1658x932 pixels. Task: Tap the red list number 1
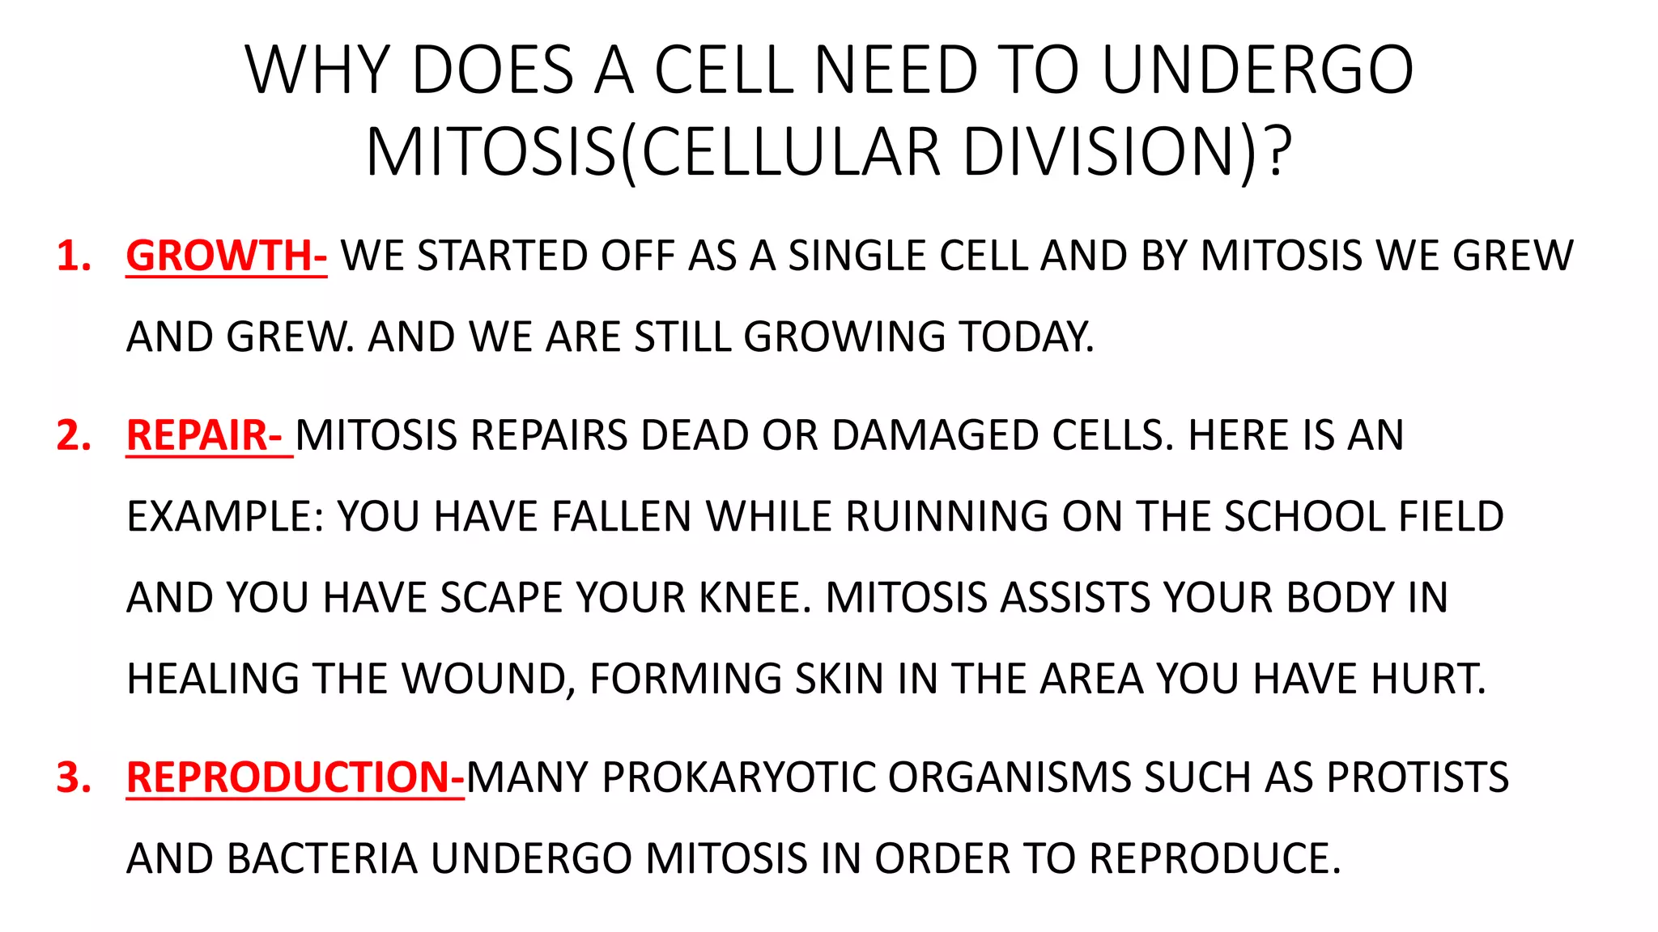click(73, 256)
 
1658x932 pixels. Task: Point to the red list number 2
click(73, 436)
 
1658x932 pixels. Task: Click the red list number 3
click(73, 777)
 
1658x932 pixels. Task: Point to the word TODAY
click(1025, 337)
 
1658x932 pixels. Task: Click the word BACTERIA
click(321, 859)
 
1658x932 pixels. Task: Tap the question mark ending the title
click(1278, 152)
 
